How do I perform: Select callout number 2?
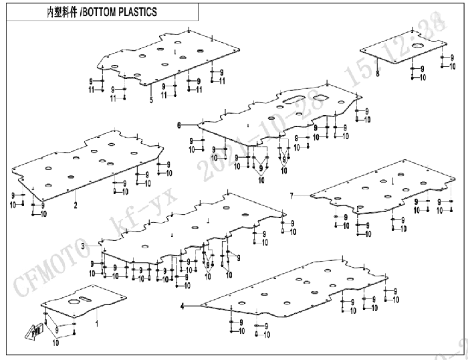coord(76,205)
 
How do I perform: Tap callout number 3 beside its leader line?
coord(83,246)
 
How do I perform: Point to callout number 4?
coord(182,305)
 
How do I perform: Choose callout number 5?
coord(151,100)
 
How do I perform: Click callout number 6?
coord(179,125)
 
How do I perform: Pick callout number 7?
coord(291,195)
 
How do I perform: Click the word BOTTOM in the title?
coord(102,11)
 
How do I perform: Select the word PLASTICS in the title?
coord(139,11)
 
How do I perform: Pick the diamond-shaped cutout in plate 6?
coord(322,97)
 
